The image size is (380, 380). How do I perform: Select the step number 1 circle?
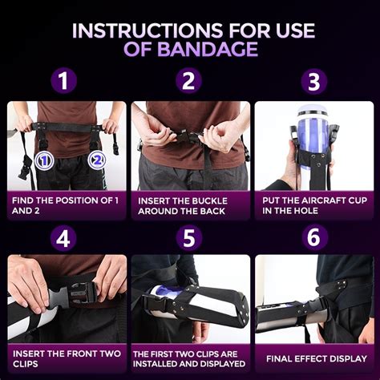click(x=63, y=82)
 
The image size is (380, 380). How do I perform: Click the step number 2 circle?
click(x=189, y=82)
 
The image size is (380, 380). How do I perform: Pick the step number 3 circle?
click(x=314, y=82)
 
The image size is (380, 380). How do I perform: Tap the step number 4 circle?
click(x=63, y=238)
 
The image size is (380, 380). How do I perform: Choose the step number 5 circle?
click(x=189, y=238)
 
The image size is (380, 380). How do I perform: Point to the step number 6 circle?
click(x=314, y=238)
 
